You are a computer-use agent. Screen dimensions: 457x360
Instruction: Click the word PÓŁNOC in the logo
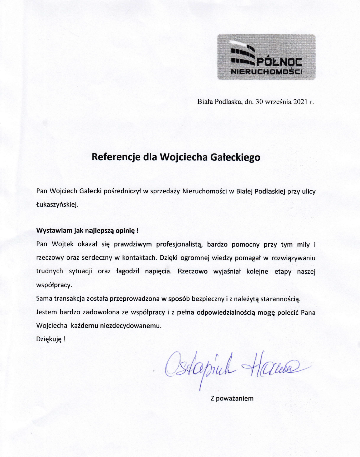(280, 62)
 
